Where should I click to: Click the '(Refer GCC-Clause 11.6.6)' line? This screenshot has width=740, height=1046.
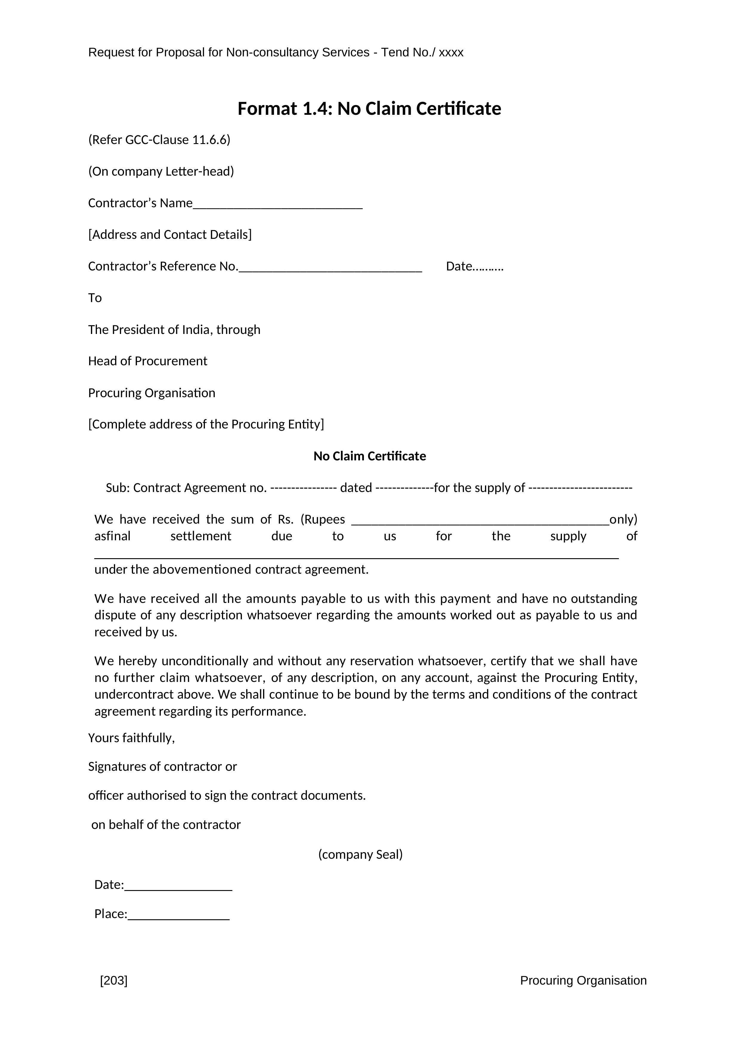[159, 140]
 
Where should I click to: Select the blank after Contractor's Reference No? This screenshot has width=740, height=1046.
[330, 269]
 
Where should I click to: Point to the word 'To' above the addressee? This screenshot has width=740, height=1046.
[95, 298]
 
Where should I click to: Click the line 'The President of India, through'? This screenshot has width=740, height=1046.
[174, 329]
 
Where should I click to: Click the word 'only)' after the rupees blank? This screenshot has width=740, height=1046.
[623, 519]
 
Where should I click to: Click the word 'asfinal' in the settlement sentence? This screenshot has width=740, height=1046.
[112, 536]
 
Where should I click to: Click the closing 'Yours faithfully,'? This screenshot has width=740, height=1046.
[131, 738]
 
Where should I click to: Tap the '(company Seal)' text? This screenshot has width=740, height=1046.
[360, 854]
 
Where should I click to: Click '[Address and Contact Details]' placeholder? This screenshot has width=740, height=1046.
[169, 235]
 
